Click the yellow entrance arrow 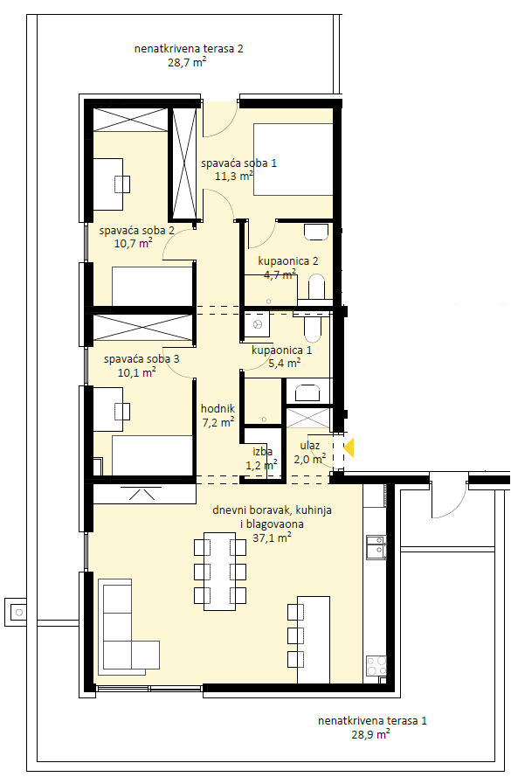point(349,447)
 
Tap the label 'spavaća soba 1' point(238,163)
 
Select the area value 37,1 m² point(272,538)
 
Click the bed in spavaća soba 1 point(293,160)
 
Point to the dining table point(219,571)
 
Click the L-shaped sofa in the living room point(128,627)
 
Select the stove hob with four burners point(376,665)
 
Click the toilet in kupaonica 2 point(316,288)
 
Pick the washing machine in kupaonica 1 point(257,324)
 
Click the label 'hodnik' point(218,409)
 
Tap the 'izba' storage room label point(262,452)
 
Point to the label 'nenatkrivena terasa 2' point(189,49)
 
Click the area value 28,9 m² point(370,734)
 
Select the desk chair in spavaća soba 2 point(122,184)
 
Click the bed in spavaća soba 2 point(152,287)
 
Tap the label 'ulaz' point(310,446)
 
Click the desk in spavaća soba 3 point(108,409)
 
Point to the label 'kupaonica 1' point(282,350)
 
